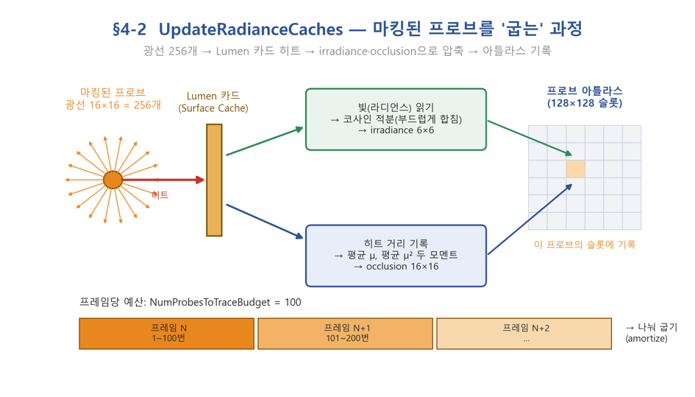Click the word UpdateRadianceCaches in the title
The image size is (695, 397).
(251, 29)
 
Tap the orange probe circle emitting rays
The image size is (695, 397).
(113, 180)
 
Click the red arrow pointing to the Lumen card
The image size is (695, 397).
(163, 180)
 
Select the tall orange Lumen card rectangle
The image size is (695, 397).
(214, 180)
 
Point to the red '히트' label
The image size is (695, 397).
(160, 194)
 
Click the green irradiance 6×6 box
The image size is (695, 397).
(396, 119)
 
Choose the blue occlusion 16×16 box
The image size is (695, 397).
(396, 256)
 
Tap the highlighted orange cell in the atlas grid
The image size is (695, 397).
(575, 169)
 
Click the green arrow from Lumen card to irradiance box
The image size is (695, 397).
(265, 141)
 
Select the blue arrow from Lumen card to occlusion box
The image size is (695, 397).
(265, 221)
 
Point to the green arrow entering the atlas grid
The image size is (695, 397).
(530, 138)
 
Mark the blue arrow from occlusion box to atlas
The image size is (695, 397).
(530, 219)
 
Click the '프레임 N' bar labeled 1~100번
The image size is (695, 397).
(167, 334)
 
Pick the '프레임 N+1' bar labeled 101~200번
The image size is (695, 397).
(345, 334)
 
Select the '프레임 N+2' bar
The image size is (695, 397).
(524, 334)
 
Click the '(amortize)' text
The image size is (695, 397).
(646, 338)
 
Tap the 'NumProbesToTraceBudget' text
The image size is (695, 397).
(210, 303)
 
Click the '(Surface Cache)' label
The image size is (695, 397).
(213, 108)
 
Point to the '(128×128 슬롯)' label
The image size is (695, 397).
(585, 103)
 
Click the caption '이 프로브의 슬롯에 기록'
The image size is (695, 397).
(585, 245)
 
